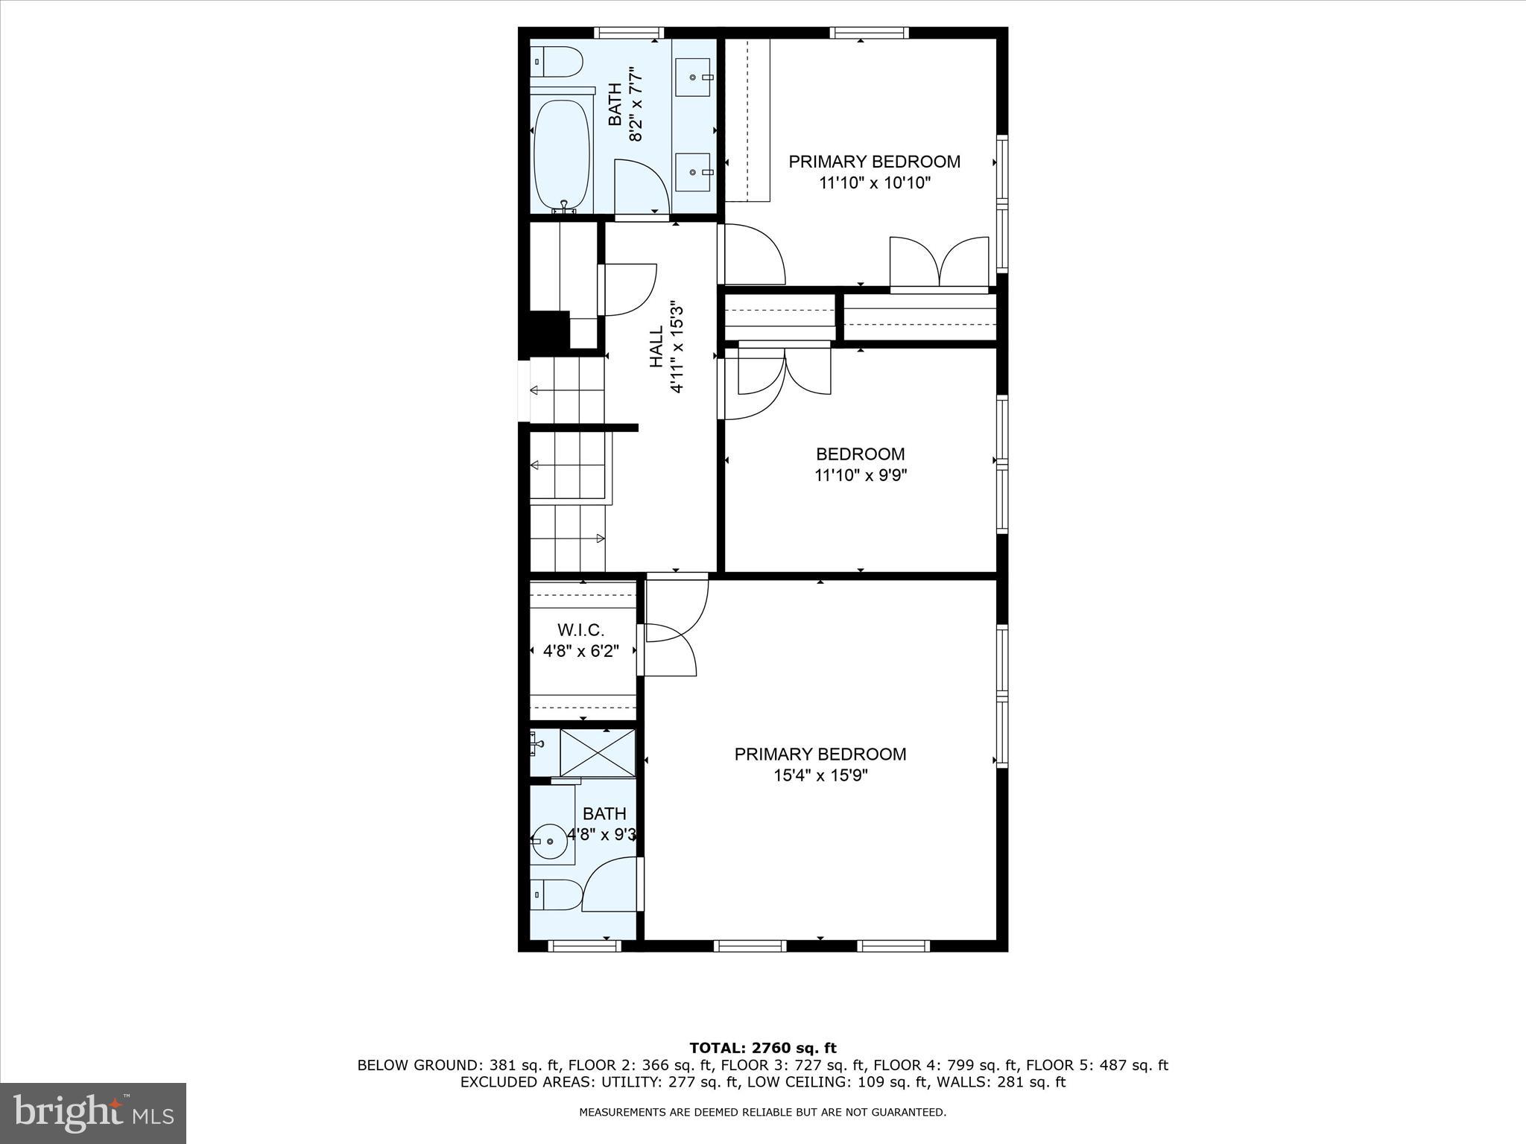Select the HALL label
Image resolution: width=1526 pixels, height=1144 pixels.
656,346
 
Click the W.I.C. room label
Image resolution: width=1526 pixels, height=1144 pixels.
580,631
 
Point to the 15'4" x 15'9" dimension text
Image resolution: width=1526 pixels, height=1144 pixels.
820,775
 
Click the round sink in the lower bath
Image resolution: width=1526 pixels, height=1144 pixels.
551,842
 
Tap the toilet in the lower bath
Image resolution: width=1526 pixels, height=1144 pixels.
556,894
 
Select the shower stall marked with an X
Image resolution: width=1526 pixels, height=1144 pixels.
598,752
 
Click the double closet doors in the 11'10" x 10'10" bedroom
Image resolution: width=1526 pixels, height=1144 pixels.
939,262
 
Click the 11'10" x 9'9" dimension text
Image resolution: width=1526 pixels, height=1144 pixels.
860,475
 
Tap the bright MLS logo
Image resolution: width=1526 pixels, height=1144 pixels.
93,1113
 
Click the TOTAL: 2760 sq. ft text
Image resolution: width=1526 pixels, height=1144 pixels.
762,1048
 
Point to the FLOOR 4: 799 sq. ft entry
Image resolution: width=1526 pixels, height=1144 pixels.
946,1065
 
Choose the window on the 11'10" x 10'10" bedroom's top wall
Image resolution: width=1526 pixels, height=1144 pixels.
869,33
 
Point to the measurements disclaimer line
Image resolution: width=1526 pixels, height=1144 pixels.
762,1113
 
